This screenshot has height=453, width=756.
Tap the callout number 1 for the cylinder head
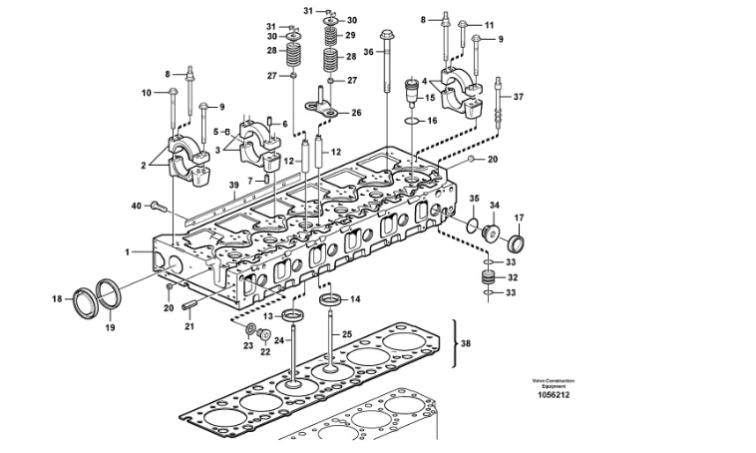[128, 252]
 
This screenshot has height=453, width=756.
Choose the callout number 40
[138, 206]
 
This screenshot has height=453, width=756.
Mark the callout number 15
[431, 98]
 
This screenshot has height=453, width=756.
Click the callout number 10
[146, 93]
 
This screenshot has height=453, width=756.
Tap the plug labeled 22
[266, 335]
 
